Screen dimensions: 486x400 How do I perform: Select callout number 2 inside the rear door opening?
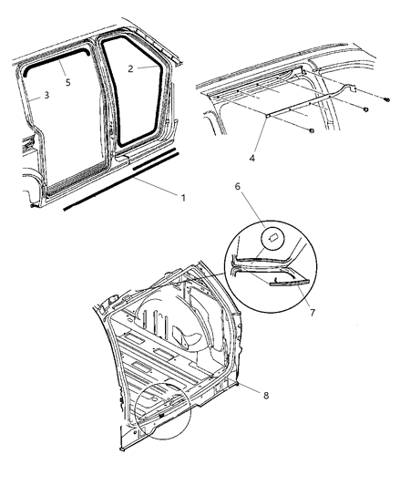click(131, 67)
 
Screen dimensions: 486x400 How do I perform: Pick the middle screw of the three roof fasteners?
click(364, 110)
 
